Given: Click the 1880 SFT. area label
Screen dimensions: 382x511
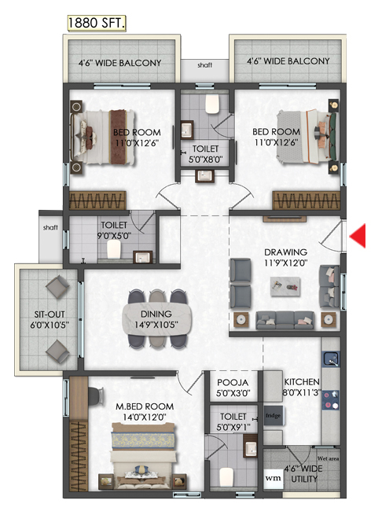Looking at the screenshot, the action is click(97, 23).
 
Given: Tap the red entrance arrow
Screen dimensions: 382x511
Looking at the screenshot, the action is click(358, 236).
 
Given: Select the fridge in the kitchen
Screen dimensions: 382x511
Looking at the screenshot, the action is click(273, 416).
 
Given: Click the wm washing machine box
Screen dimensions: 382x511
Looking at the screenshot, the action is click(273, 478).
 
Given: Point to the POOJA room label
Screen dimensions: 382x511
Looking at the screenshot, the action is click(233, 382).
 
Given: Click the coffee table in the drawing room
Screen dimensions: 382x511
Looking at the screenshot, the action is click(285, 286).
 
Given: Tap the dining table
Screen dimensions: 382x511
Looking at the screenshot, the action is click(156, 319).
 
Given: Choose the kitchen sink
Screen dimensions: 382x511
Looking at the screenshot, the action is click(330, 359).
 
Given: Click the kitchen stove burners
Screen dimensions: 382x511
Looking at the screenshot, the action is click(330, 400).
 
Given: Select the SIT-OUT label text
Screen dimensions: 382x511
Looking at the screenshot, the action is click(50, 314).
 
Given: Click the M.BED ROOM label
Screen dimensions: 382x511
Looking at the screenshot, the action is click(145, 406).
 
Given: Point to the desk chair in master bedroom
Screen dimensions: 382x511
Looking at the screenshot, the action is click(96, 395).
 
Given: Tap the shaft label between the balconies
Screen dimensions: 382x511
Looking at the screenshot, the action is click(204, 65).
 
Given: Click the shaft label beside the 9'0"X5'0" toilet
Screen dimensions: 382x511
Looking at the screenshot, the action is click(50, 227).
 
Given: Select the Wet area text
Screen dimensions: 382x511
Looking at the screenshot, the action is click(329, 458).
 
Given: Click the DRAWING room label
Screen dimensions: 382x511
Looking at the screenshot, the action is click(285, 252).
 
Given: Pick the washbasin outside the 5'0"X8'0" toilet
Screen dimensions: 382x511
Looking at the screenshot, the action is click(204, 176).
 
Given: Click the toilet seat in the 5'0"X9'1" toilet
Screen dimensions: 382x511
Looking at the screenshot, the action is click(226, 476).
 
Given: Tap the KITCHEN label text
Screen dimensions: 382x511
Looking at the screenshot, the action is click(302, 382).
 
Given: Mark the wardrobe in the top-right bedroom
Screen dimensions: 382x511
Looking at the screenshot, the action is click(306, 200).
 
